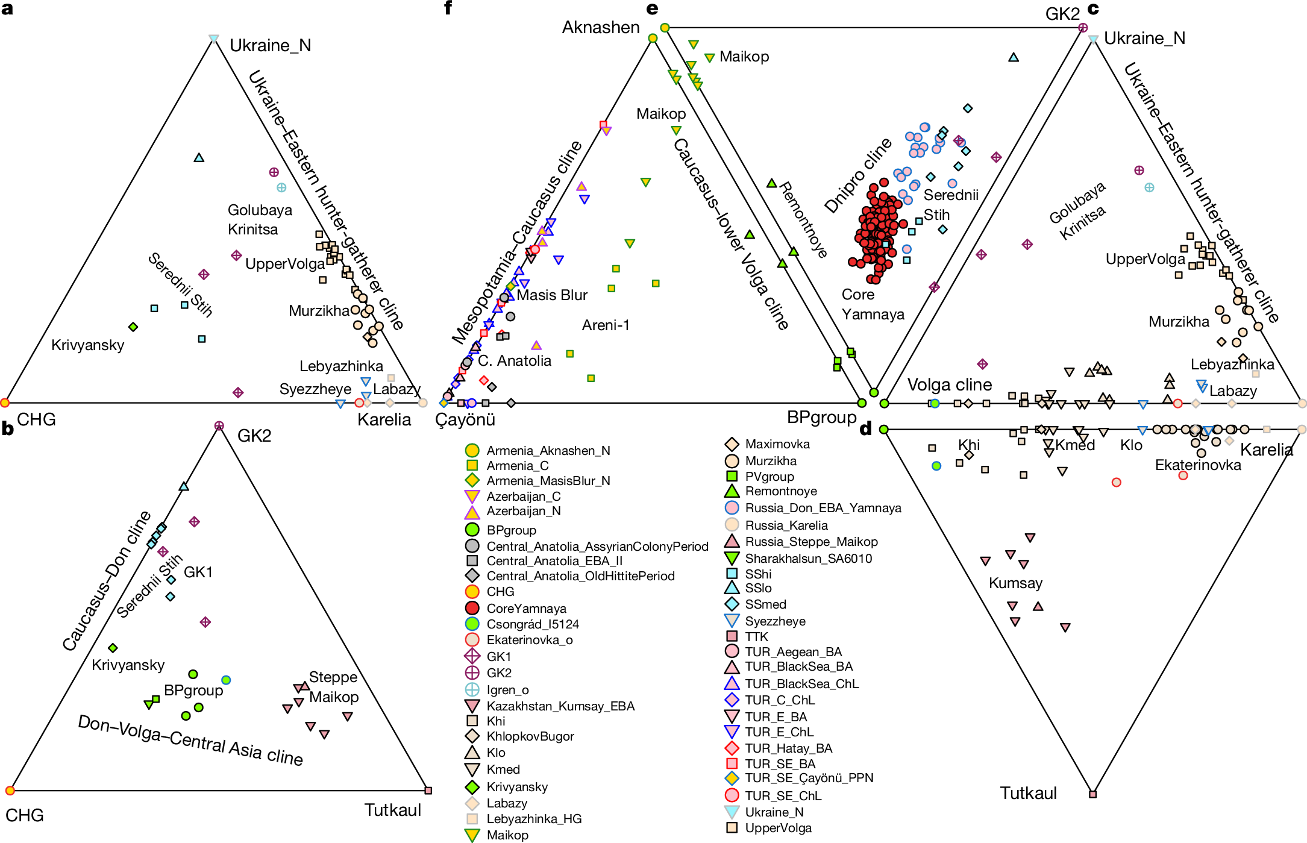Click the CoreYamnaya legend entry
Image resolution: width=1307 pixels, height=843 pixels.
pyautogui.click(x=526, y=609)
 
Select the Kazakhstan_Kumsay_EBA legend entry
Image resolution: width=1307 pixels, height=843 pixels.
pyautogui.click(x=560, y=706)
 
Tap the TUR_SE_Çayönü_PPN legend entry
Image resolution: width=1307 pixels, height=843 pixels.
pyautogui.click(x=809, y=778)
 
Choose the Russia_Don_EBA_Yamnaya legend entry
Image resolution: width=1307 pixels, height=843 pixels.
pyautogui.click(x=823, y=508)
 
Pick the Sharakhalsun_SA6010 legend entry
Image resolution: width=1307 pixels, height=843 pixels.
pyautogui.click(x=808, y=559)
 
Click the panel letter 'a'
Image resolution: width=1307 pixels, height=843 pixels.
pyautogui.click(x=7, y=8)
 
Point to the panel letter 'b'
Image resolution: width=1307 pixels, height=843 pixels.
pyautogui.click(x=7, y=428)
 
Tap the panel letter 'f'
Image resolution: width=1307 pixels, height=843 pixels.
pyautogui.click(x=448, y=8)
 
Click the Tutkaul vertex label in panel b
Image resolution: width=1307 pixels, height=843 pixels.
pyautogui.click(x=392, y=810)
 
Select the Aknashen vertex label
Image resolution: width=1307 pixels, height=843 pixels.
pyautogui.click(x=600, y=28)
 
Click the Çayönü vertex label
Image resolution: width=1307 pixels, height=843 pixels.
pyautogui.click(x=465, y=419)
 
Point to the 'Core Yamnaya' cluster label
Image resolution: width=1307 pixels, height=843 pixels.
pyautogui.click(x=873, y=304)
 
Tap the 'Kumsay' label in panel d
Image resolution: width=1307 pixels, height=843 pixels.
pyautogui.click(x=1015, y=583)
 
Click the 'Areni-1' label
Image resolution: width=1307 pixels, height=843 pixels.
pyautogui.click(x=605, y=325)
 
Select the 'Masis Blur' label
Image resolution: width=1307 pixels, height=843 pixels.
pyautogui.click(x=551, y=295)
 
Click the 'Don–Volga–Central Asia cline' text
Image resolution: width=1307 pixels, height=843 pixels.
pyautogui.click(x=190, y=741)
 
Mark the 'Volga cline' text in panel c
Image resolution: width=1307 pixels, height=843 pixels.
pyautogui.click(x=949, y=384)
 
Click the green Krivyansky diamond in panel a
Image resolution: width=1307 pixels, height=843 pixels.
pyautogui.click(x=133, y=327)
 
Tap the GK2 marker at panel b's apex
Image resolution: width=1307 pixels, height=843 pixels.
pyautogui.click(x=219, y=426)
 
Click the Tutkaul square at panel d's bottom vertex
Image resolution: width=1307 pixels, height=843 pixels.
pyautogui.click(x=1092, y=794)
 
